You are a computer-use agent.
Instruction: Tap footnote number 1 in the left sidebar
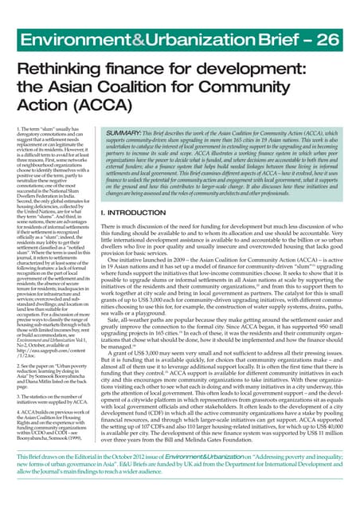(17, 128)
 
